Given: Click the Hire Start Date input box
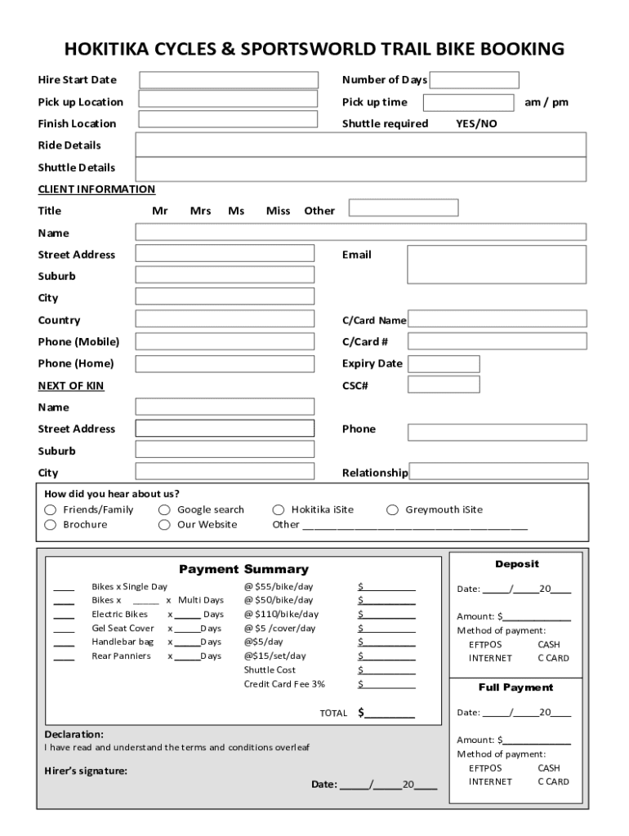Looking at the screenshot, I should (x=229, y=80).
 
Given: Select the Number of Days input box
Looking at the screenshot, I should (x=475, y=80).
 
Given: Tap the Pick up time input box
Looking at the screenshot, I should (x=468, y=102).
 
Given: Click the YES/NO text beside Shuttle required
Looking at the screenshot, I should (x=476, y=124).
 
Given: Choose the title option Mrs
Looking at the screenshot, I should (x=201, y=211).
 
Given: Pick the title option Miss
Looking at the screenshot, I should (x=278, y=211).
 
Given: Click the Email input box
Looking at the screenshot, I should (x=497, y=264).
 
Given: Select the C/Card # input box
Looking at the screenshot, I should (x=497, y=341).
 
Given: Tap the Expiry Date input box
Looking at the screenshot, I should (x=444, y=363).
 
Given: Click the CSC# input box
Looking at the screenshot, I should (x=444, y=385).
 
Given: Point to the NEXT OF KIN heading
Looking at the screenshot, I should (x=71, y=385).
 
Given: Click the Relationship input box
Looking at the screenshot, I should (x=498, y=471).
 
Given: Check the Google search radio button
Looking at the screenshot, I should (x=164, y=510).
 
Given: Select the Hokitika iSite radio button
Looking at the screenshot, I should (x=278, y=510).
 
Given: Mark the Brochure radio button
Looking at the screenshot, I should (x=50, y=525).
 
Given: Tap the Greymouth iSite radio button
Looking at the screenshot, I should (x=392, y=510).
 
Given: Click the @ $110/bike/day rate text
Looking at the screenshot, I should (x=281, y=614).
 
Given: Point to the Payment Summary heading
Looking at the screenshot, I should (x=243, y=569).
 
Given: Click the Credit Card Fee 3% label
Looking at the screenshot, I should (x=284, y=684).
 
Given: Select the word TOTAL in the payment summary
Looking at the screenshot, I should (x=333, y=713).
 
